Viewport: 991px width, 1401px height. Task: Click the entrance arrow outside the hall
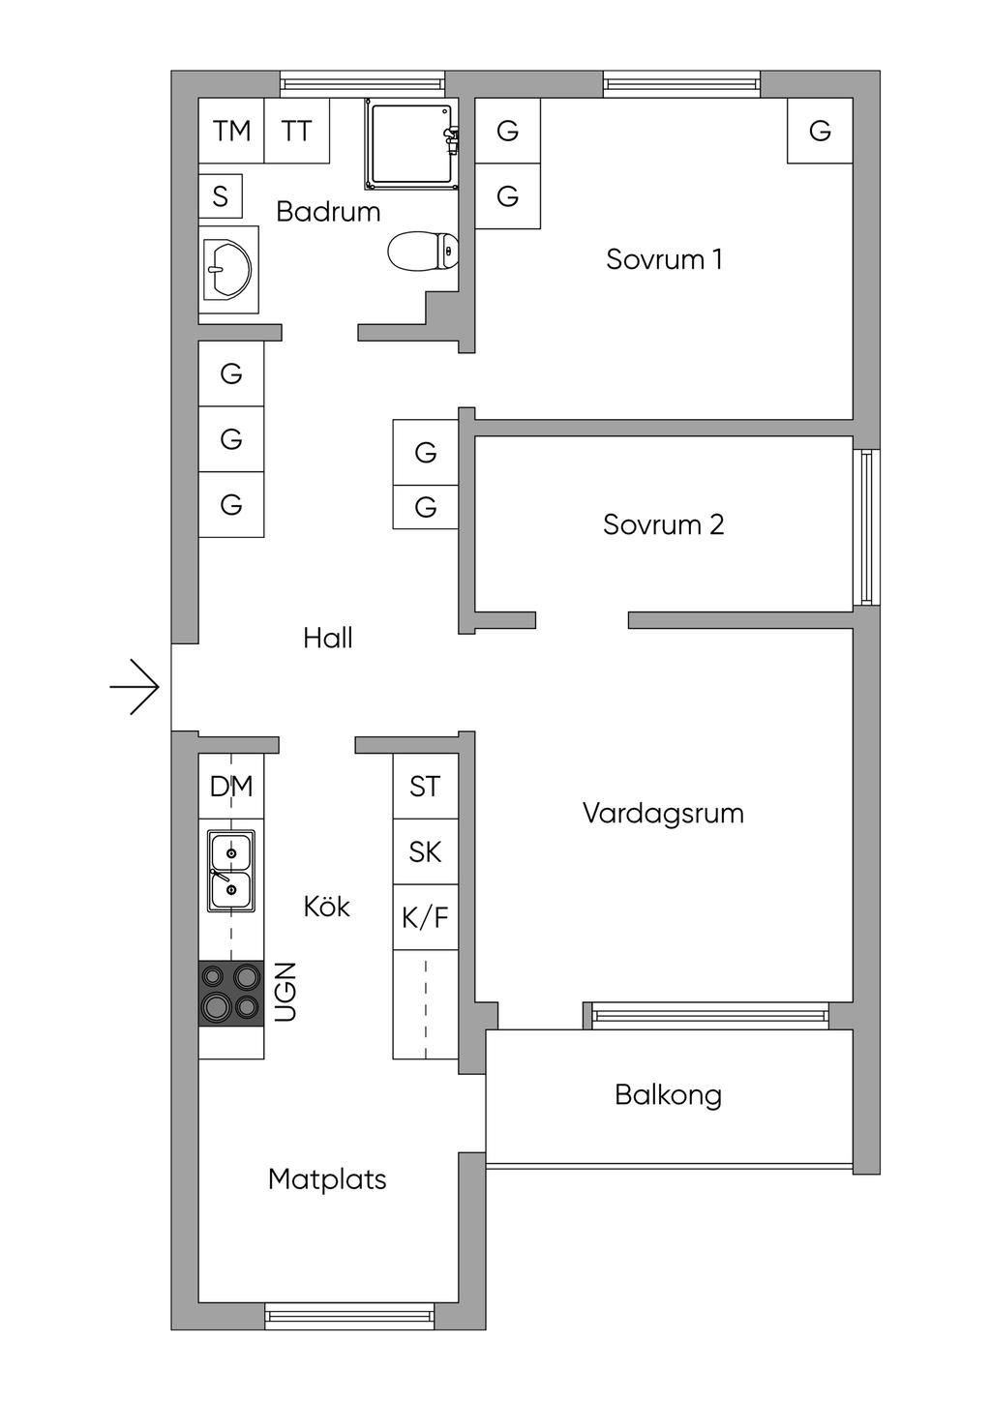pyautogui.click(x=135, y=687)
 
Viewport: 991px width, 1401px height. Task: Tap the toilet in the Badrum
pyautogui.click(x=423, y=252)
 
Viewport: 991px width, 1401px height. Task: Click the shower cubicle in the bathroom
pyautogui.click(x=410, y=144)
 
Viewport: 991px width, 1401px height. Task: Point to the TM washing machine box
pyautogui.click(x=231, y=131)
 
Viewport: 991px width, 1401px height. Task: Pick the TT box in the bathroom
pyautogui.click(x=297, y=131)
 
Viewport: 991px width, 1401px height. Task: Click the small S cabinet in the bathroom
pyautogui.click(x=221, y=196)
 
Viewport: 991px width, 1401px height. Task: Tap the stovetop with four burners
pyautogui.click(x=231, y=993)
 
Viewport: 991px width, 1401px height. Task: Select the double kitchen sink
pyautogui.click(x=231, y=871)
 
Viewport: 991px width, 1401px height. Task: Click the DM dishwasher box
pyautogui.click(x=231, y=787)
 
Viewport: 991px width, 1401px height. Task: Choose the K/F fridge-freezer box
pyautogui.click(x=425, y=917)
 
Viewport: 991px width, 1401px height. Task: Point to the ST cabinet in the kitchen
pyautogui.click(x=425, y=787)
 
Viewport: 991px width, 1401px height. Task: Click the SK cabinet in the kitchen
pyautogui.click(x=425, y=852)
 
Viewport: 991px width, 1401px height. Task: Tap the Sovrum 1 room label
pyautogui.click(x=664, y=259)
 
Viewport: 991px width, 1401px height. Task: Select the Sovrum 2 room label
pyautogui.click(x=663, y=524)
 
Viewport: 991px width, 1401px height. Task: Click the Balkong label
pyautogui.click(x=668, y=1095)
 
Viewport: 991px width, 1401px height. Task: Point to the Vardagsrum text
pyautogui.click(x=663, y=813)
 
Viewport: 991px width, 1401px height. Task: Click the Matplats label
pyautogui.click(x=327, y=1179)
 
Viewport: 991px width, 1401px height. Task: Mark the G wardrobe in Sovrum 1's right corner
pyautogui.click(x=820, y=131)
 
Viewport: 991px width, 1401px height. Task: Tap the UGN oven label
pyautogui.click(x=285, y=992)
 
